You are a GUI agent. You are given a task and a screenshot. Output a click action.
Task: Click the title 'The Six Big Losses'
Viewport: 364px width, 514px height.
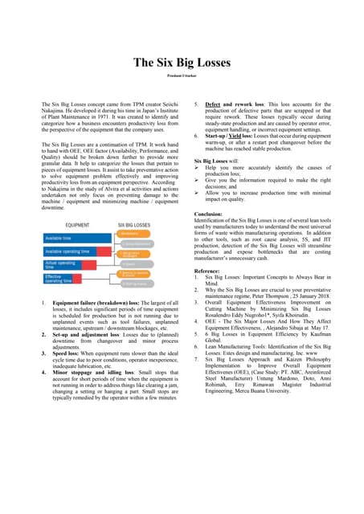(x=182, y=62)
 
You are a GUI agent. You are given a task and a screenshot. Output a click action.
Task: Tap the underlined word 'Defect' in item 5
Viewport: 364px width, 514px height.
(x=214, y=105)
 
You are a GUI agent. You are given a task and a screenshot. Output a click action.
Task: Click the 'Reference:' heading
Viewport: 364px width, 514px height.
(x=211, y=272)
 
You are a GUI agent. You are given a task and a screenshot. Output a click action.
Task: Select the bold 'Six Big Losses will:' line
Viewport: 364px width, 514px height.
(x=217, y=161)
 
